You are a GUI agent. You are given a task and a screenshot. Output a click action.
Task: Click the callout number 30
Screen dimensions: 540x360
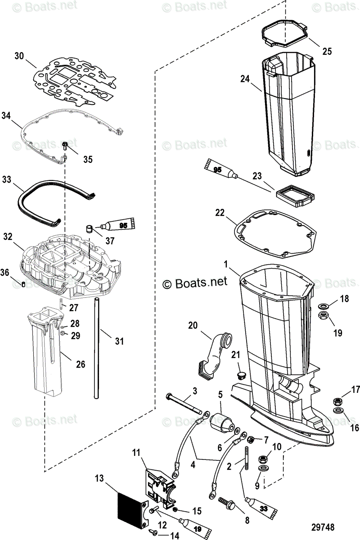click(x=18, y=56)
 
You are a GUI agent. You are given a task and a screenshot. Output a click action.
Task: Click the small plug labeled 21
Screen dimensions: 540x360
click(x=241, y=374)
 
